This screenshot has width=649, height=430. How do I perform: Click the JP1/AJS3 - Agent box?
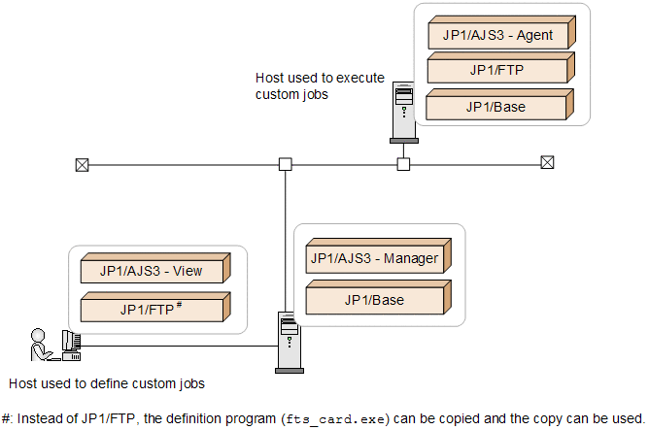(x=498, y=36)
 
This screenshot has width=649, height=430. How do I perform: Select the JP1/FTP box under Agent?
(x=498, y=71)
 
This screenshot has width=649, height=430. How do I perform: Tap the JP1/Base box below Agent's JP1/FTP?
(x=498, y=107)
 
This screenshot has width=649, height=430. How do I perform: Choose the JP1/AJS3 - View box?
(x=152, y=271)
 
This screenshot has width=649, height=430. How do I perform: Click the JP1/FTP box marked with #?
(x=152, y=309)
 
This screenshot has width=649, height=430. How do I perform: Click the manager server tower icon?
(x=288, y=341)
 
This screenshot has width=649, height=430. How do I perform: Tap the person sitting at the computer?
(x=41, y=345)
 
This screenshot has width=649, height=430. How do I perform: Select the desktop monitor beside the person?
(x=70, y=342)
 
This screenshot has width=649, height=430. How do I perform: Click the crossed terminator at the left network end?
(x=82, y=164)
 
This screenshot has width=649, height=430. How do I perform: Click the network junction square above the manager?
(x=286, y=164)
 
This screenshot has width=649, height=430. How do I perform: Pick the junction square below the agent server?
(x=403, y=164)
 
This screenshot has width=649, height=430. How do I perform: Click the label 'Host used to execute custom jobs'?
(x=320, y=85)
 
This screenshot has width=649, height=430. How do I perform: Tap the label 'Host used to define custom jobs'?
(x=105, y=382)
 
